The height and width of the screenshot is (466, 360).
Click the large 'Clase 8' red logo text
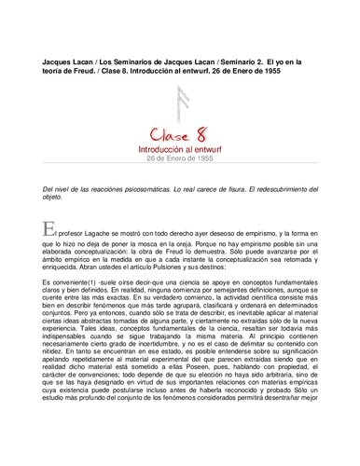tap(179, 127)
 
